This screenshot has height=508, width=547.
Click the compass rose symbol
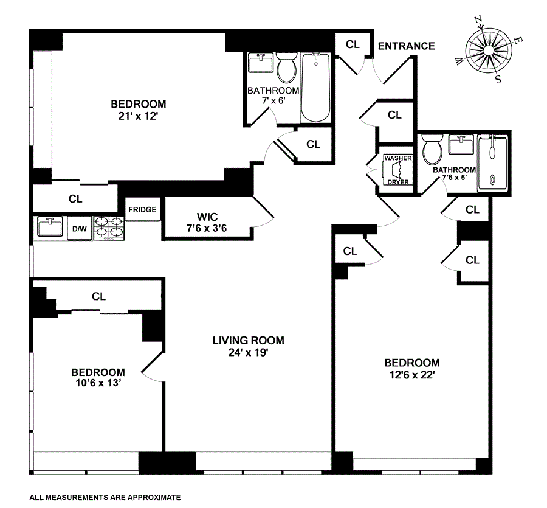pyautogui.click(x=489, y=50)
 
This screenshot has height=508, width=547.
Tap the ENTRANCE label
pyautogui.click(x=407, y=46)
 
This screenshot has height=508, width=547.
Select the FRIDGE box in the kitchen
pyautogui.click(x=142, y=209)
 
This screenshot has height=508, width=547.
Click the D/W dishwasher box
pyautogui.click(x=80, y=229)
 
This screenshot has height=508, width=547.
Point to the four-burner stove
pyautogui.click(x=109, y=228)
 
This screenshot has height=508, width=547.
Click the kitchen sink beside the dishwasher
pyautogui.click(x=50, y=226)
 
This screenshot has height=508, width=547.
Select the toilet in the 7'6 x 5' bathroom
pyautogui.click(x=432, y=150)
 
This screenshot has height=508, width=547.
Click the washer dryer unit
pyautogui.click(x=398, y=169)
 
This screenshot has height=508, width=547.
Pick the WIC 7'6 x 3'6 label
pyautogui.click(x=207, y=223)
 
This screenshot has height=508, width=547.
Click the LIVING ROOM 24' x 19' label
pyautogui.click(x=249, y=346)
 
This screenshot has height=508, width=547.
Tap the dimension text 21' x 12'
pyautogui.click(x=139, y=116)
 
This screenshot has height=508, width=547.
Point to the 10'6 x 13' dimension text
pyautogui.click(x=98, y=383)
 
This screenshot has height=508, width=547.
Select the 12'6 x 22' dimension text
pyautogui.click(x=412, y=375)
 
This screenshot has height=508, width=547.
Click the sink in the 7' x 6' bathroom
pyautogui.click(x=261, y=63)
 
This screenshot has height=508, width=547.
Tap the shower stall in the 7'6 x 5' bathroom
pyautogui.click(x=492, y=163)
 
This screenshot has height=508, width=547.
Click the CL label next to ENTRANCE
pyautogui.click(x=353, y=44)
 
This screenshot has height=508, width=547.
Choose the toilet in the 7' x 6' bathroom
pyautogui.click(x=286, y=68)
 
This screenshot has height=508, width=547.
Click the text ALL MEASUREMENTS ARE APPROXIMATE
pyautogui.click(x=105, y=498)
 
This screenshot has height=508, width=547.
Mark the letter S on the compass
pyautogui.click(x=498, y=79)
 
